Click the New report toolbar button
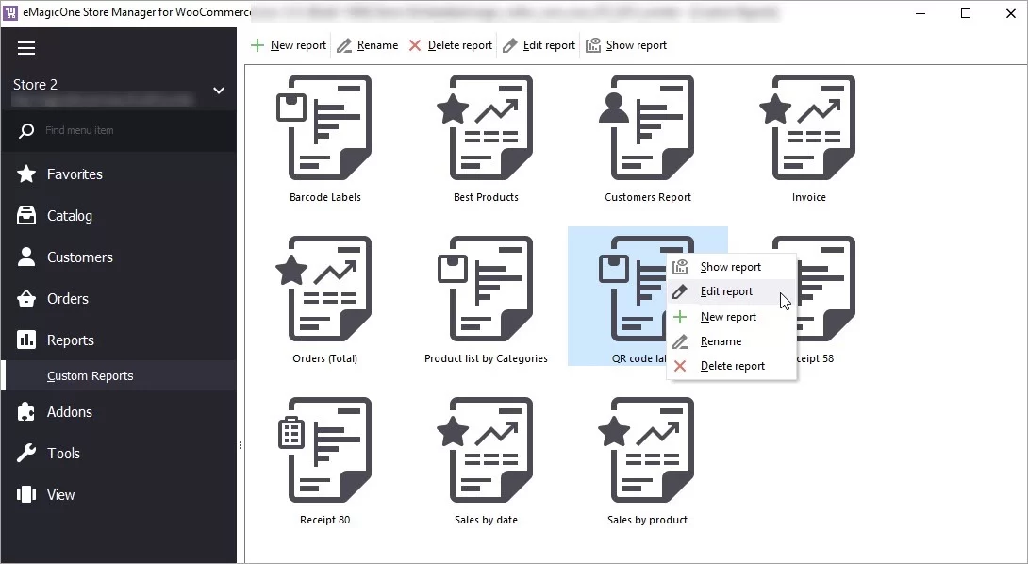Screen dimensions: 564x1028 coord(288,45)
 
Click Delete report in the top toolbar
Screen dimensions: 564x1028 coord(450,45)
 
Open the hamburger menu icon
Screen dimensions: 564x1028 coord(26,48)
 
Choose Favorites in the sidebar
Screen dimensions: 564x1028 coord(75,174)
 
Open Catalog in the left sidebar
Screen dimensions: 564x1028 coord(69,216)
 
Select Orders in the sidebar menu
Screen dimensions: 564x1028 coord(67,299)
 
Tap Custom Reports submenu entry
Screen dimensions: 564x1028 coord(90,376)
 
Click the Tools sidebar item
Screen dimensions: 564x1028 coord(63,454)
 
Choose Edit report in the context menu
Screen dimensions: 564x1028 coord(726,291)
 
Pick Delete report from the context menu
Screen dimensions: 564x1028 coord(732,366)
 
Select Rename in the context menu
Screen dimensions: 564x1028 coord(721,341)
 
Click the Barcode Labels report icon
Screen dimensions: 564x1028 coord(325,127)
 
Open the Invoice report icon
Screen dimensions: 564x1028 coord(808,127)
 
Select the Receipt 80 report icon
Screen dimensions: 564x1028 coord(325,450)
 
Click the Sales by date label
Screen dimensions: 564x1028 coord(486,520)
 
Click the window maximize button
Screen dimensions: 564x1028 coord(966,13)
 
